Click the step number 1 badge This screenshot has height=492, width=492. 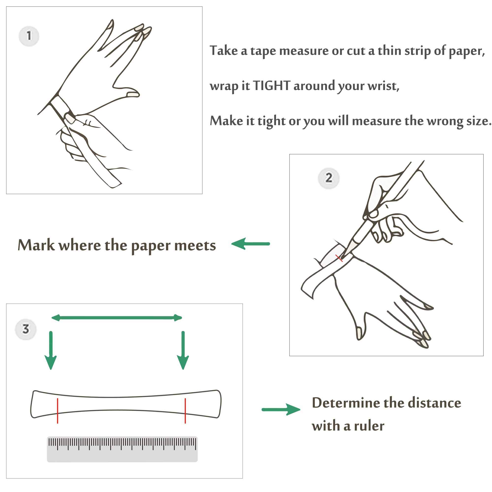click(x=29, y=36)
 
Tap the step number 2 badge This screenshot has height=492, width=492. click(x=328, y=178)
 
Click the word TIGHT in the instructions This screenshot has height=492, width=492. click(x=272, y=86)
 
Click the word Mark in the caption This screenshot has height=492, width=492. click(x=36, y=245)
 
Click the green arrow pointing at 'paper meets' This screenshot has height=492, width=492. click(x=250, y=244)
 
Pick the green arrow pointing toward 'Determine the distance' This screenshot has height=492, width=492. click(x=281, y=410)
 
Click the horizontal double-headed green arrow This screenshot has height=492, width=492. click(x=117, y=318)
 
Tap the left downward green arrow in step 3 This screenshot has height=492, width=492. click(x=51, y=350)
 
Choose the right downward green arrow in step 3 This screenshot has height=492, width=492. click(x=183, y=350)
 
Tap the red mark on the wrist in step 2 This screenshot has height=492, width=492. click(x=339, y=258)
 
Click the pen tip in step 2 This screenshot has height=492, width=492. click(x=342, y=259)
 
